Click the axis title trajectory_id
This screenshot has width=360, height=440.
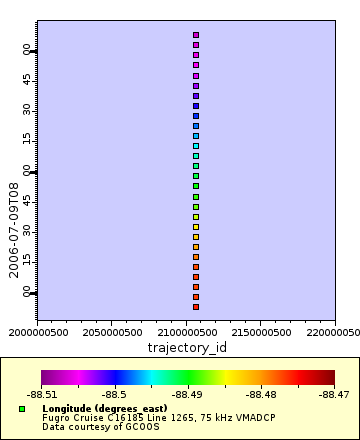click(x=187, y=347)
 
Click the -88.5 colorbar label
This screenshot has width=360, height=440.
click(x=114, y=395)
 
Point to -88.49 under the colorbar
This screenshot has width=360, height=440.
click(x=188, y=395)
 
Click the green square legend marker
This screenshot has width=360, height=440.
click(x=22, y=409)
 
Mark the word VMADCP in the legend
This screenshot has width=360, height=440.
click(x=254, y=418)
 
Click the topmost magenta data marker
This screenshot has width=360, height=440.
click(x=196, y=35)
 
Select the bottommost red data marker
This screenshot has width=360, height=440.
click(x=196, y=307)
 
